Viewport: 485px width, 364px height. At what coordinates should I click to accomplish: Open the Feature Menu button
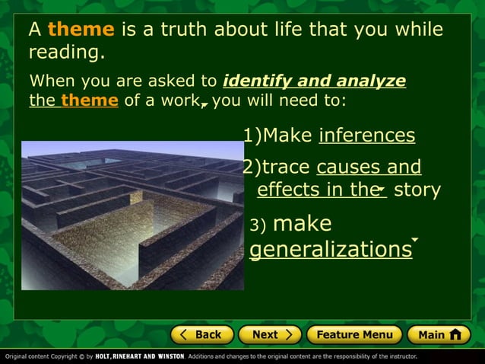point(354,334)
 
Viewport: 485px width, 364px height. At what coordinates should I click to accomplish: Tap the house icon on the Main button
point(455,334)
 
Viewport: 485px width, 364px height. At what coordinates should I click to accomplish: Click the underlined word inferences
point(366,136)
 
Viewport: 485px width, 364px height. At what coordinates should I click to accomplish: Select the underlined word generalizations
point(331,250)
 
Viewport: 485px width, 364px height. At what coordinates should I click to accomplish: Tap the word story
point(417,190)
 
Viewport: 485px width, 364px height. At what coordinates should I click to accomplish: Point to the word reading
point(66,53)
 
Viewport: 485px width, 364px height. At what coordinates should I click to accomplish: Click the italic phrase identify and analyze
point(315,81)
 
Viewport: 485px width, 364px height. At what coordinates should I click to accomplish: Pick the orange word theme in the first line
point(81,30)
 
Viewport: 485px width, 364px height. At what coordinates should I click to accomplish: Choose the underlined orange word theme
point(89,101)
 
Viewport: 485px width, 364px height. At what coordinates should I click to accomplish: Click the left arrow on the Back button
point(182,334)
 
